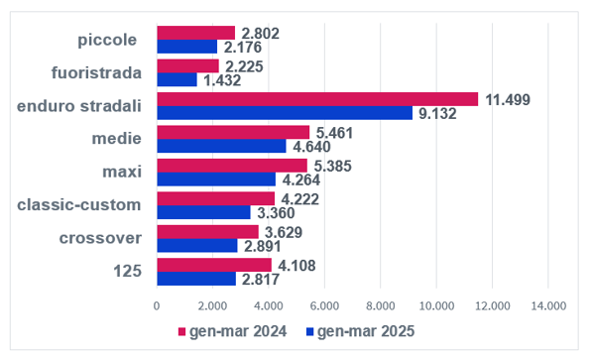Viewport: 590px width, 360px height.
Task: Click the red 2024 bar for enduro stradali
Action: tap(317, 99)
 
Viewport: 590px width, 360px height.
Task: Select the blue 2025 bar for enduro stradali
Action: tap(285, 113)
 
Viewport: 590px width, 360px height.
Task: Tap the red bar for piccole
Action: tap(196, 33)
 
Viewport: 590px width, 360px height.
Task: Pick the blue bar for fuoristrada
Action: tap(177, 79)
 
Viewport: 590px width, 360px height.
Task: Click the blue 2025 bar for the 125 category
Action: tap(196, 279)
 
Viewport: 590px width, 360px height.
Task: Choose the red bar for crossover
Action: tap(208, 232)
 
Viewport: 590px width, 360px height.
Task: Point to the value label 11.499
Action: tap(508, 100)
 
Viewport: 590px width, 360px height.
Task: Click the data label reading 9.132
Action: tap(437, 114)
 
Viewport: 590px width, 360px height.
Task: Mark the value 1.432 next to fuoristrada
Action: tap(222, 80)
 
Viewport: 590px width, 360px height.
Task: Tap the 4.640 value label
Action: tap(311, 147)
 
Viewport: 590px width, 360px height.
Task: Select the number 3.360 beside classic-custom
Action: tap(276, 213)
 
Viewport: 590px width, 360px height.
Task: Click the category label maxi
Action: tap(122, 172)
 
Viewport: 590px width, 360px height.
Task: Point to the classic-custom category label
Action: tap(79, 205)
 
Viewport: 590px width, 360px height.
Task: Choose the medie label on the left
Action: tap(117, 139)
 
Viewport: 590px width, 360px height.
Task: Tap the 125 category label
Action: tap(128, 271)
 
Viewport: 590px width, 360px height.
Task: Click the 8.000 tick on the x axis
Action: tap(381, 306)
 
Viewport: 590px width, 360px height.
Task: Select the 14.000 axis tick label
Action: tap(548, 306)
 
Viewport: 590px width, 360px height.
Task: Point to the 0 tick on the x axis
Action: tap(157, 306)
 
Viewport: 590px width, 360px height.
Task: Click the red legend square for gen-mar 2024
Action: tap(182, 331)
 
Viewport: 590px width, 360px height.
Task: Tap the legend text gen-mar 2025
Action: tap(366, 331)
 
